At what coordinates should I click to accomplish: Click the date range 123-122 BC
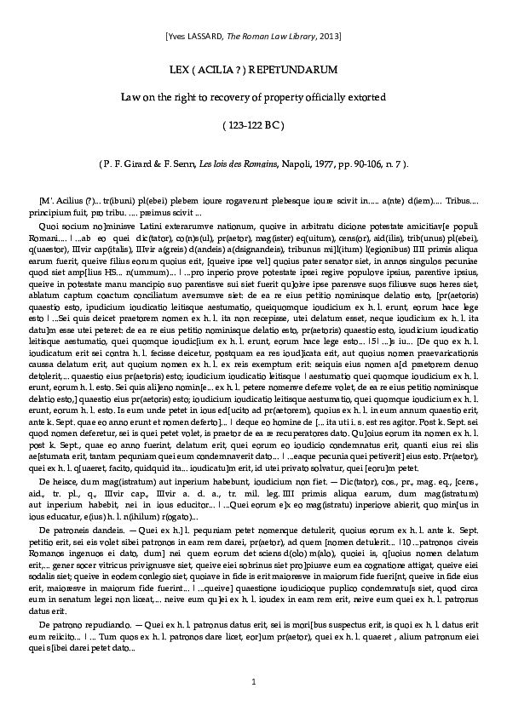point(254,127)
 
